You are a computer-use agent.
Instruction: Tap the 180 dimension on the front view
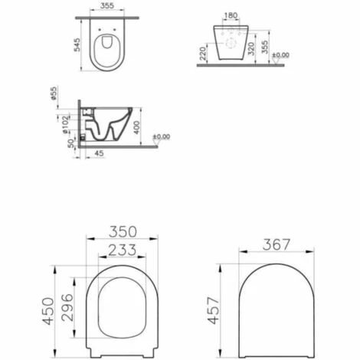(x=231, y=15)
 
